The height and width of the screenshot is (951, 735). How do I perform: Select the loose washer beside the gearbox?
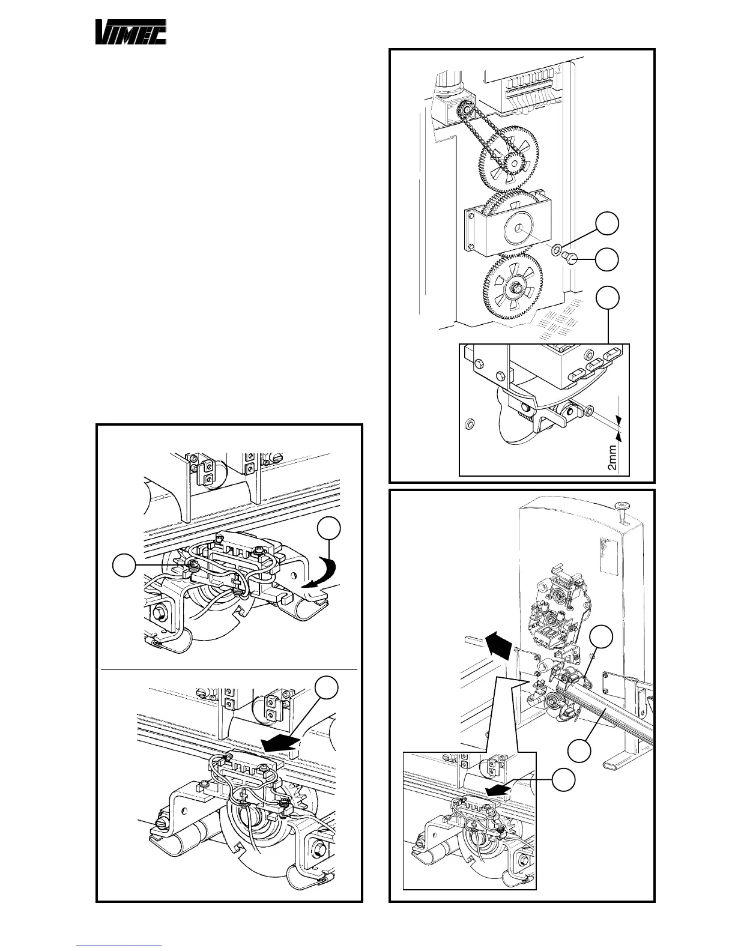pos(557,247)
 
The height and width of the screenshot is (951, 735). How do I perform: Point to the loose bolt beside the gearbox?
pos(571,259)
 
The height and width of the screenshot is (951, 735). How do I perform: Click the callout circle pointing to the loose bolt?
pos(607,259)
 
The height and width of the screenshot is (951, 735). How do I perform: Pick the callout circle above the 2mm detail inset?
pos(607,298)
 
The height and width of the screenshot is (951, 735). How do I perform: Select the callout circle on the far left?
pos(125,566)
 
